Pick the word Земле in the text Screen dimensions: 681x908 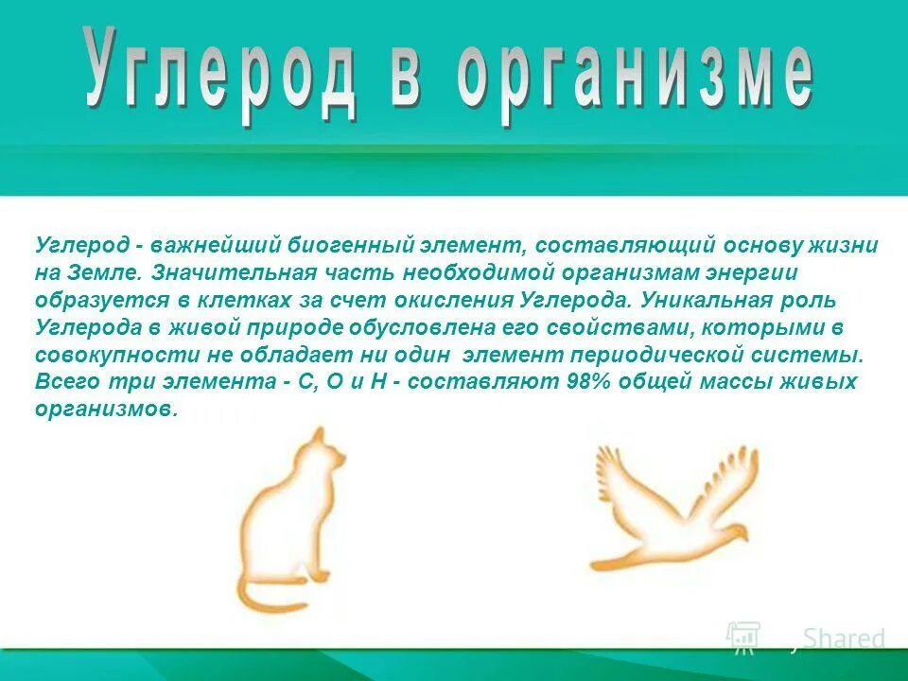coord(104,273)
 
